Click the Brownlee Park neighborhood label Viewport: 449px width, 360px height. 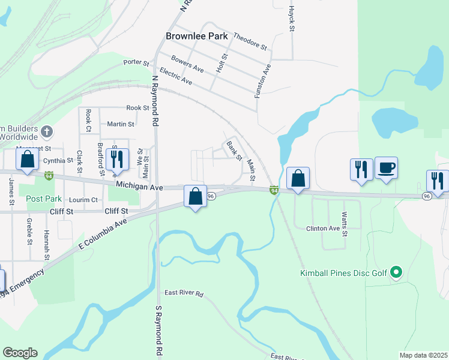coord(197,36)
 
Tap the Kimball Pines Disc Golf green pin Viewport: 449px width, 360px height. coord(396,273)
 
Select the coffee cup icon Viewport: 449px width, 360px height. coord(387,168)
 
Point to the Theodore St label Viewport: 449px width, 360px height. coord(250,41)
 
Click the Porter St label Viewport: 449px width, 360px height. coord(136,62)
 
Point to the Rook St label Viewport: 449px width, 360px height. coord(137,108)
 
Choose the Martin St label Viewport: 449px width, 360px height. coord(121,124)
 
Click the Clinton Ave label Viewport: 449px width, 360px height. coord(323,229)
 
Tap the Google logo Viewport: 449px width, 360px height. coord(20,353)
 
